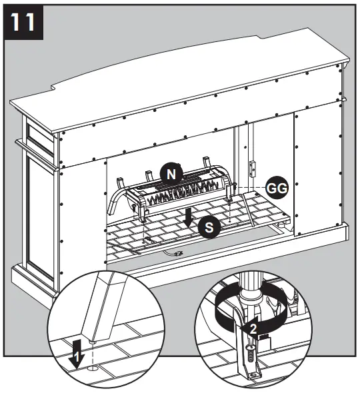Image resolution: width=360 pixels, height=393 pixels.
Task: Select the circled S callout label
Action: [209, 228]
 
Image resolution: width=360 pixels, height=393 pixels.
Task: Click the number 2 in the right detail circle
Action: [253, 327]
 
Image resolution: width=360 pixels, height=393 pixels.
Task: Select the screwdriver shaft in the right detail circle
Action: [251, 294]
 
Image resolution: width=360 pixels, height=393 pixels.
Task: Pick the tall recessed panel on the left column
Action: [37, 213]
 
